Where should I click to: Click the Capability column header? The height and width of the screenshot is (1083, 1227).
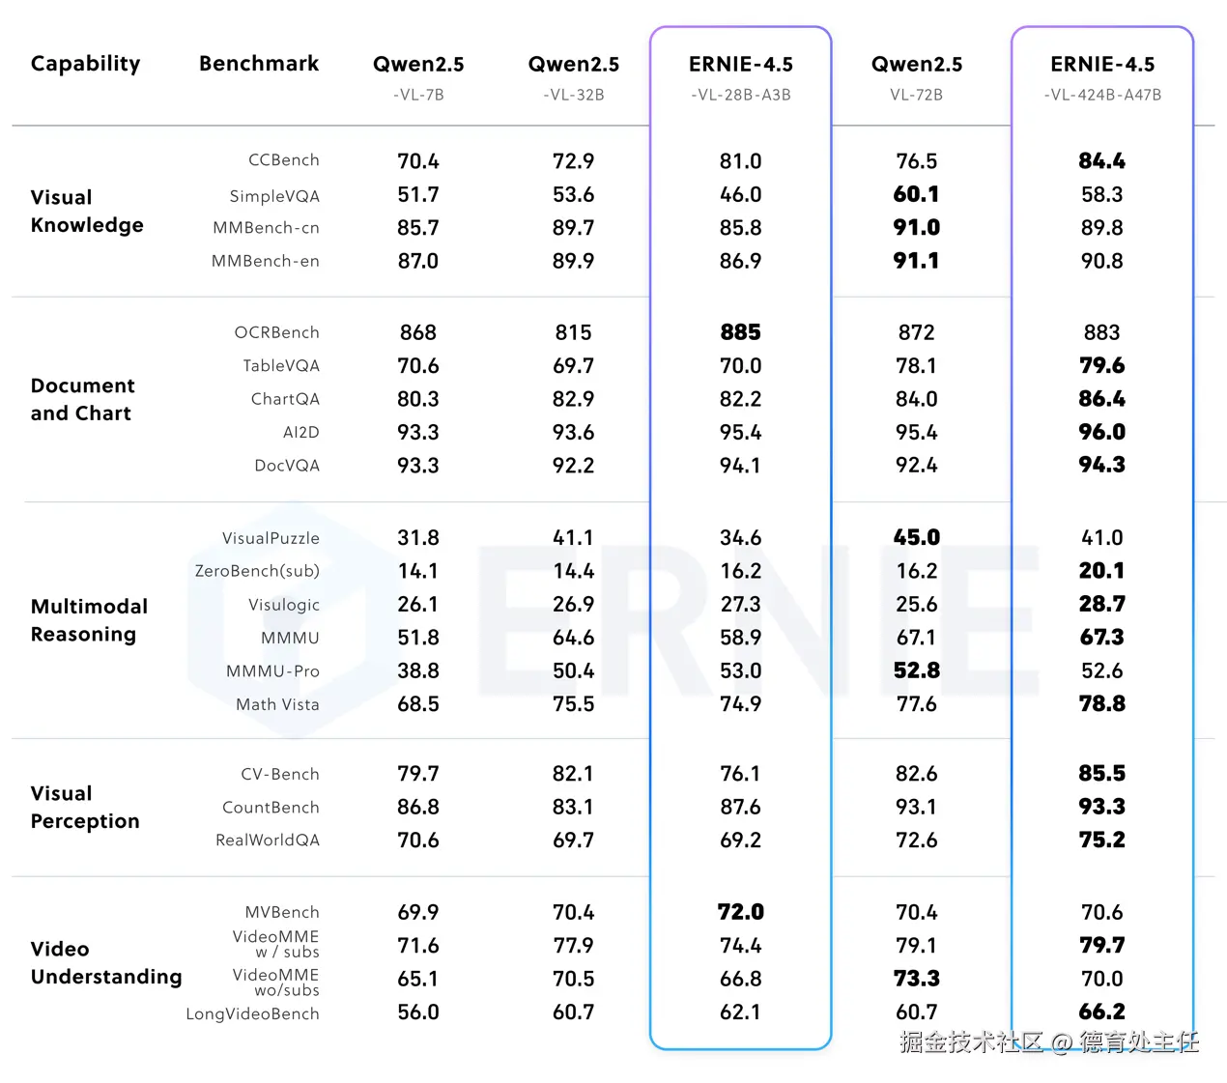tap(85, 64)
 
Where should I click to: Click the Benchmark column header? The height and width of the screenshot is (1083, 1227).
tap(258, 64)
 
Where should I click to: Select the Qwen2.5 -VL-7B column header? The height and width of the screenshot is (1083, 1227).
tap(418, 76)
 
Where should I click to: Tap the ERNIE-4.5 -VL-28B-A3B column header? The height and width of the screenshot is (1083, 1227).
tap(740, 76)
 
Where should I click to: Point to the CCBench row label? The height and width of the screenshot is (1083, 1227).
tap(283, 160)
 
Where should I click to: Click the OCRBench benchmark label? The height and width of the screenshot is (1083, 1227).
tap(276, 332)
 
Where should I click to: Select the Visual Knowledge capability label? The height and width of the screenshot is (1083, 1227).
tap(86, 211)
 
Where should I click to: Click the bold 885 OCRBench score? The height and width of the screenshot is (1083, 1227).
tap(740, 332)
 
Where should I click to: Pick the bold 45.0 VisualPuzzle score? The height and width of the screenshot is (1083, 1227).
tap(916, 537)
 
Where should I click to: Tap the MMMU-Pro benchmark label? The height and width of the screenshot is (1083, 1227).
tap(272, 671)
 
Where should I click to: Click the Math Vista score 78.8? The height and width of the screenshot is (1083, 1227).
tap(1101, 704)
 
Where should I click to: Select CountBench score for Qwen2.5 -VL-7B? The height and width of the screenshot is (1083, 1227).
tap(418, 807)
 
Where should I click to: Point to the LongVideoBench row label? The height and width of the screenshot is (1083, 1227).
tap(252, 1013)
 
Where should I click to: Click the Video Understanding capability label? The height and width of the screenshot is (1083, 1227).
tap(105, 962)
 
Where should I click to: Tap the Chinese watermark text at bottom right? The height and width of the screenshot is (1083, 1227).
tap(1048, 1041)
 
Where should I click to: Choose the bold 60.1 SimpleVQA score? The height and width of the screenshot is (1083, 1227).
tap(916, 194)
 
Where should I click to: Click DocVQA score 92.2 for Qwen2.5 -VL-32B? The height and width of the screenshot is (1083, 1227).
tap(573, 466)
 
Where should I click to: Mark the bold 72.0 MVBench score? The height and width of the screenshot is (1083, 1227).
tap(740, 912)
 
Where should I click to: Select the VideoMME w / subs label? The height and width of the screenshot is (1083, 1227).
tap(275, 944)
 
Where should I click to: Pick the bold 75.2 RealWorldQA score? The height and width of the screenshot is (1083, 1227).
tap(1101, 840)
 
